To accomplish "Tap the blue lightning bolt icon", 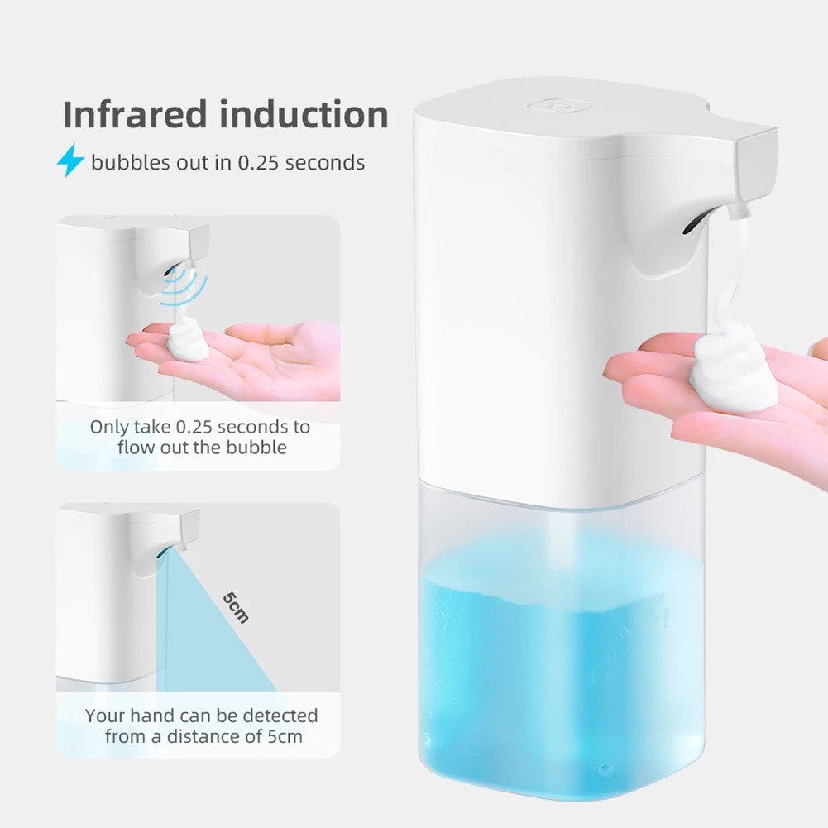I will pos(70,161).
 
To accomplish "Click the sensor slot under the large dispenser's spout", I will pos(692,222).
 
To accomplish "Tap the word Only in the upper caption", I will pos(109,428).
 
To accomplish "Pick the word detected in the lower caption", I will pos(279,716).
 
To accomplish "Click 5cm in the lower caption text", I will pos(284,736).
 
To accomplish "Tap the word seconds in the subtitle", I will pos(327,162).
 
